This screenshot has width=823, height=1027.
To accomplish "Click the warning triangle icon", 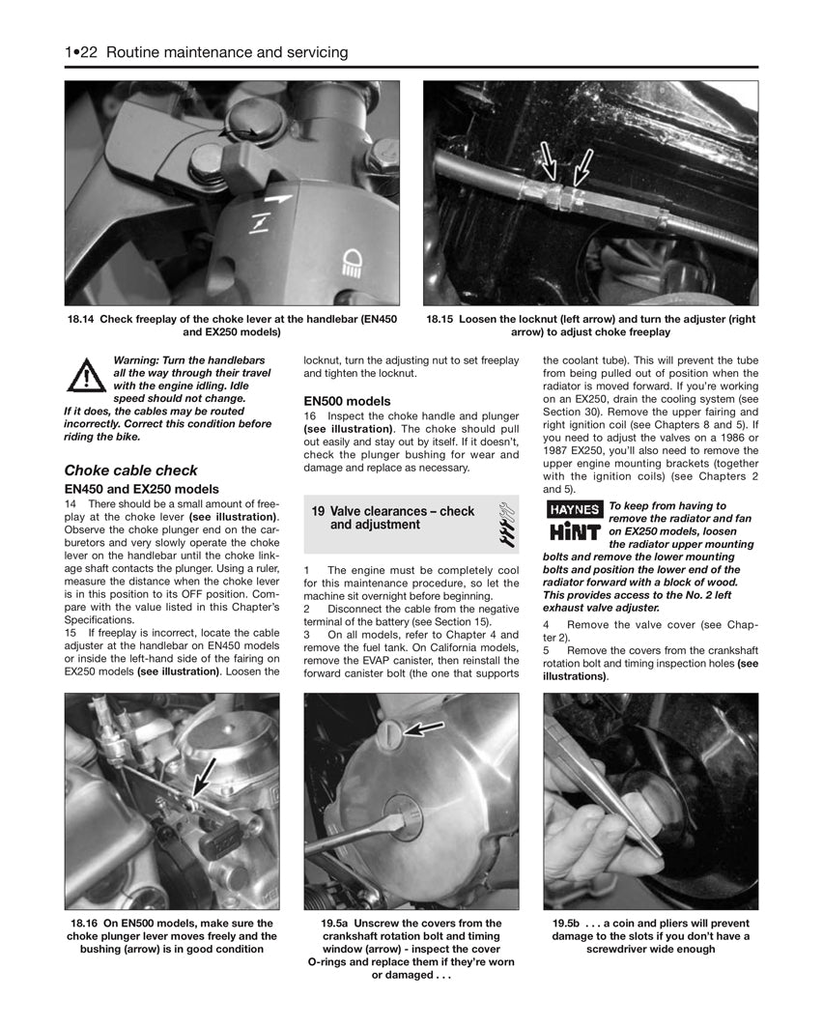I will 86,375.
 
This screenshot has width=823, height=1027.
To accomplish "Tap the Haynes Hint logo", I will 574,522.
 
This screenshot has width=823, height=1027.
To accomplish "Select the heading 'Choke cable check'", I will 130,471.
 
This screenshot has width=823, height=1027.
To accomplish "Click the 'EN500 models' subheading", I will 347,401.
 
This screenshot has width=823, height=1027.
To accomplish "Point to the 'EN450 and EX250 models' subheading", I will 141,489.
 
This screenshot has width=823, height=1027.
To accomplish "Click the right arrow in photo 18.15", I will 582,164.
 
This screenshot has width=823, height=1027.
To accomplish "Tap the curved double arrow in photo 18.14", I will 239,134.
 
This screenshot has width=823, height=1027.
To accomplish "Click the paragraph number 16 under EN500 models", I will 310,415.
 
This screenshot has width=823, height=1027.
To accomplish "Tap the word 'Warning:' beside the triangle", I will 136,358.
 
